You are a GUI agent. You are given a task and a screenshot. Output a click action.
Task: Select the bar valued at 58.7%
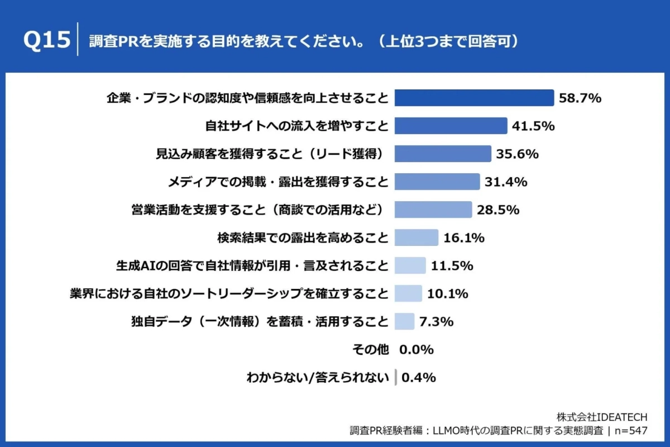coord(474,98)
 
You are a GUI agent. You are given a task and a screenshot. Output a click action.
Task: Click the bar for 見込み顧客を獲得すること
coord(443,154)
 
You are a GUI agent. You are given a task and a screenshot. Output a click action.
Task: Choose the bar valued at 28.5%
coord(433,210)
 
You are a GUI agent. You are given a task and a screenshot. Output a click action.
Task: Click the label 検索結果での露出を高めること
coord(302,237)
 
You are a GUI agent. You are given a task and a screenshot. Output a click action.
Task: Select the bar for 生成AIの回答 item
coord(410,265)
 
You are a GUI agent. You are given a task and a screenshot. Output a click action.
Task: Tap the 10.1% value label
coord(447,293)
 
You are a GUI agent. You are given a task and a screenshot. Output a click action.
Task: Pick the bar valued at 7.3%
coord(404,321)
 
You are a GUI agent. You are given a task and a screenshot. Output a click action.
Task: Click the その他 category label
coord(370,350)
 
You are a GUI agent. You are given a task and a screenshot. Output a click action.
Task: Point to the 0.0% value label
coord(417,350)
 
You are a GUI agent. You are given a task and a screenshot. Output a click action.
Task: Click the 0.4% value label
coord(418,378)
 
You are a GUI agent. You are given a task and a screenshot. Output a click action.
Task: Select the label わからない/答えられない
coord(317,378)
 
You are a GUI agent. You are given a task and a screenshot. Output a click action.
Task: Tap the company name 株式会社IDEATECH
coord(602,417)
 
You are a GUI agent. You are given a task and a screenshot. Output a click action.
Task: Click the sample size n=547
coord(630,430)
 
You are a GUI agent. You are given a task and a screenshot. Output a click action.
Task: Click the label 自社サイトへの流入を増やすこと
coord(296,126)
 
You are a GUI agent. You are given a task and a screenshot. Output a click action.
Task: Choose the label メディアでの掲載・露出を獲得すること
coord(278,182)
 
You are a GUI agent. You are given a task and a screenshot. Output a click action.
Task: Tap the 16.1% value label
coord(463,237)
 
